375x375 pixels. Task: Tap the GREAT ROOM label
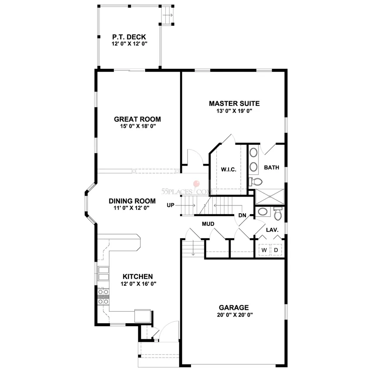pos(137,119)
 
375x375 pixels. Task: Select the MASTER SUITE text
pos(234,103)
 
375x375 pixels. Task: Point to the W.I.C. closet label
pos(228,169)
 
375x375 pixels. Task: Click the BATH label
pos(272,167)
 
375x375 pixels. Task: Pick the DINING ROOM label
pos(132,201)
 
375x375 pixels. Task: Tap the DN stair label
pos(242,215)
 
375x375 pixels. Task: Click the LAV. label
pos(272,229)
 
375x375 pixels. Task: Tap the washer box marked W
pos(264,250)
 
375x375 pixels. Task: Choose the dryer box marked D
pos(276,250)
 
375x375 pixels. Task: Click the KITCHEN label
pos(137,276)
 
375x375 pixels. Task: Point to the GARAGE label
pos(234,307)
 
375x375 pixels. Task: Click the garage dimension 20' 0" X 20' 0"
pos(234,314)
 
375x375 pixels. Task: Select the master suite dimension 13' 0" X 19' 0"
pos(234,111)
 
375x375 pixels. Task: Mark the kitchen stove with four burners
pos(103,296)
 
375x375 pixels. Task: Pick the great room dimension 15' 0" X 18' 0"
pos(137,126)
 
